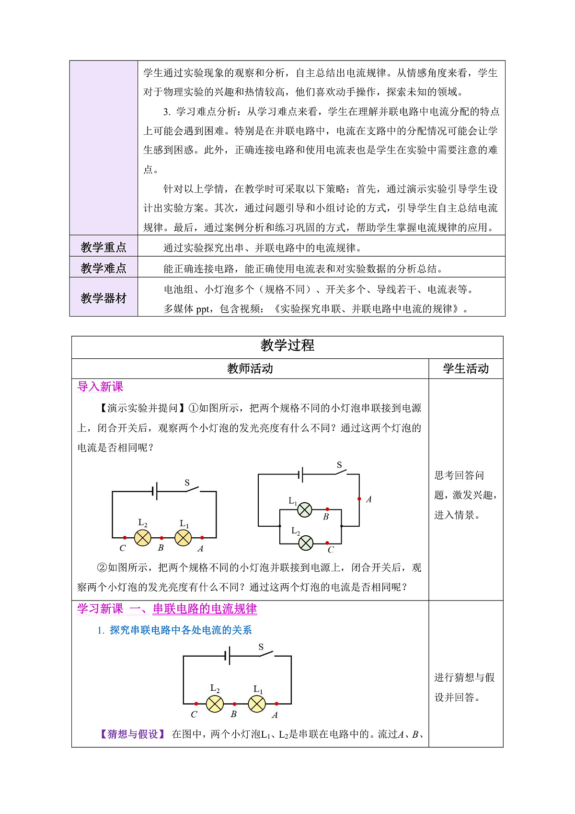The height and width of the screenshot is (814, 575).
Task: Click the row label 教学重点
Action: (x=103, y=247)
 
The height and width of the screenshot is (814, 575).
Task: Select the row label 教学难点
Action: (x=103, y=268)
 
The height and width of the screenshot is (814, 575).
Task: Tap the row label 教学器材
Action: (x=103, y=298)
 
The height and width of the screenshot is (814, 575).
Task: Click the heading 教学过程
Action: (x=287, y=345)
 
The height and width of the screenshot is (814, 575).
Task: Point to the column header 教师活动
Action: (x=250, y=368)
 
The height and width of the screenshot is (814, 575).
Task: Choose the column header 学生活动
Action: (x=466, y=368)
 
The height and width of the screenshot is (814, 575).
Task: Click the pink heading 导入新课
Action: (x=100, y=387)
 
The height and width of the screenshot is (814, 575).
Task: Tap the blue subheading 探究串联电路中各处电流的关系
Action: (x=181, y=630)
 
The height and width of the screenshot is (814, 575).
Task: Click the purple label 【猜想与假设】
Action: (x=133, y=734)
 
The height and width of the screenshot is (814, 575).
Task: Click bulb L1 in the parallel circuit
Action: (x=305, y=510)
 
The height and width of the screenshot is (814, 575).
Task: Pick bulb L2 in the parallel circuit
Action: (x=306, y=543)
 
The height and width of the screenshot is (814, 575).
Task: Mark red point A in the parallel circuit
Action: (x=359, y=499)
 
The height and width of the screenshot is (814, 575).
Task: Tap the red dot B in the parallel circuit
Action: (x=327, y=509)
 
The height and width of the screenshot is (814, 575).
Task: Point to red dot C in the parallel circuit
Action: (x=327, y=543)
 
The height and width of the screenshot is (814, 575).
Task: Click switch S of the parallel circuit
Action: (x=341, y=472)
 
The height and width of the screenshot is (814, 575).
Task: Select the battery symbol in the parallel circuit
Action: (x=300, y=474)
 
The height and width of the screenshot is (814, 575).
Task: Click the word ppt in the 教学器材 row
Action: (x=203, y=309)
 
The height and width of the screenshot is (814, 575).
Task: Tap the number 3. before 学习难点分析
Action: (x=167, y=112)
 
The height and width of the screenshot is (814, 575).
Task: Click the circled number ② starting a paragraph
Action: (x=102, y=567)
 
